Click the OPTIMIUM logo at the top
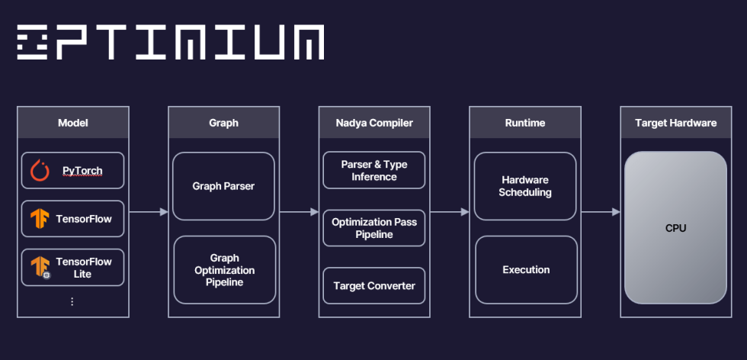[170, 43]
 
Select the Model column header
[73, 123]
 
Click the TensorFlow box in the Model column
[73, 219]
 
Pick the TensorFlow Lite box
[73, 267]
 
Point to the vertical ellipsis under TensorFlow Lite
[72, 302]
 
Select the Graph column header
[223, 123]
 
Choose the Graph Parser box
[223, 186]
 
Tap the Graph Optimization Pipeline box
[223, 270]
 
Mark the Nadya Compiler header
[374, 123]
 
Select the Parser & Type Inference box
[374, 171]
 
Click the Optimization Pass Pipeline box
[374, 228]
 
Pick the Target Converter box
[374, 286]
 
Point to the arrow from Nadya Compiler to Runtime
[450, 211]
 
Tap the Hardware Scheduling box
[525, 186]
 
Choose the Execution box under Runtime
[525, 270]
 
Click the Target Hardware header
[675, 123]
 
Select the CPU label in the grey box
[675, 228]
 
